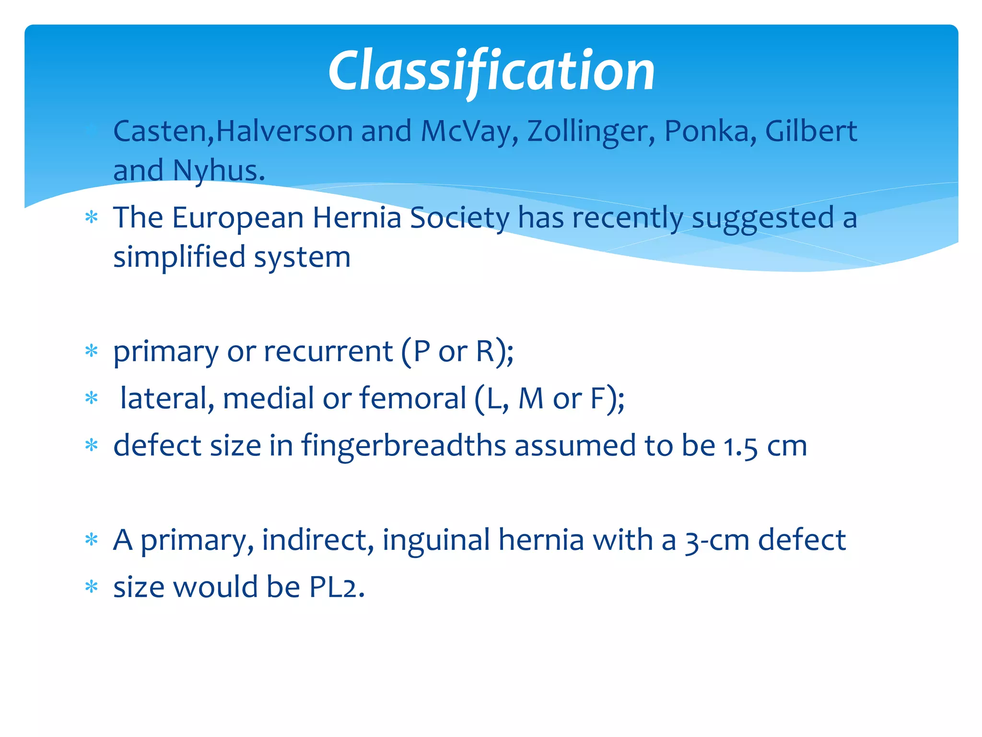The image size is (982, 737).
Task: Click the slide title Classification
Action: (x=491, y=71)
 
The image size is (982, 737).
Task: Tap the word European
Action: (x=238, y=218)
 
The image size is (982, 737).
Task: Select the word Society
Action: (x=460, y=218)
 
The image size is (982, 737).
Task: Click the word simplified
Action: (x=179, y=257)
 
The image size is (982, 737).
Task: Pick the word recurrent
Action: (x=328, y=351)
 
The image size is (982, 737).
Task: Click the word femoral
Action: (x=413, y=398)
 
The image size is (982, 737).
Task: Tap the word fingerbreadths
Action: (x=403, y=445)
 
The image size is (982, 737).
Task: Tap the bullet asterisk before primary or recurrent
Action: (x=91, y=351)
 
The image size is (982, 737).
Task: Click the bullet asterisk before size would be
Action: (x=91, y=587)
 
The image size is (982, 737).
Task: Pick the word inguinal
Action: (x=436, y=540)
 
